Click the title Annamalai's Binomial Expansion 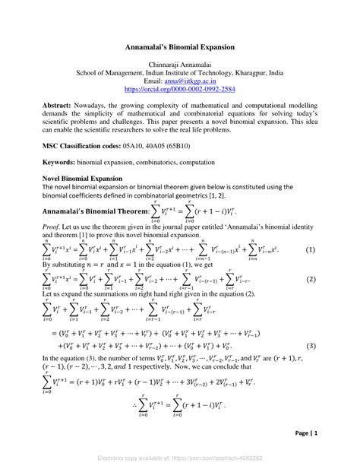tap(180, 46)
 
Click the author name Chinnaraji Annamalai tap(180, 64)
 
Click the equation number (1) tap(310, 250)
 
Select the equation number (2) tap(310, 279)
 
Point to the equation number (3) tap(310, 346)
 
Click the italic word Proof tap(52, 226)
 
